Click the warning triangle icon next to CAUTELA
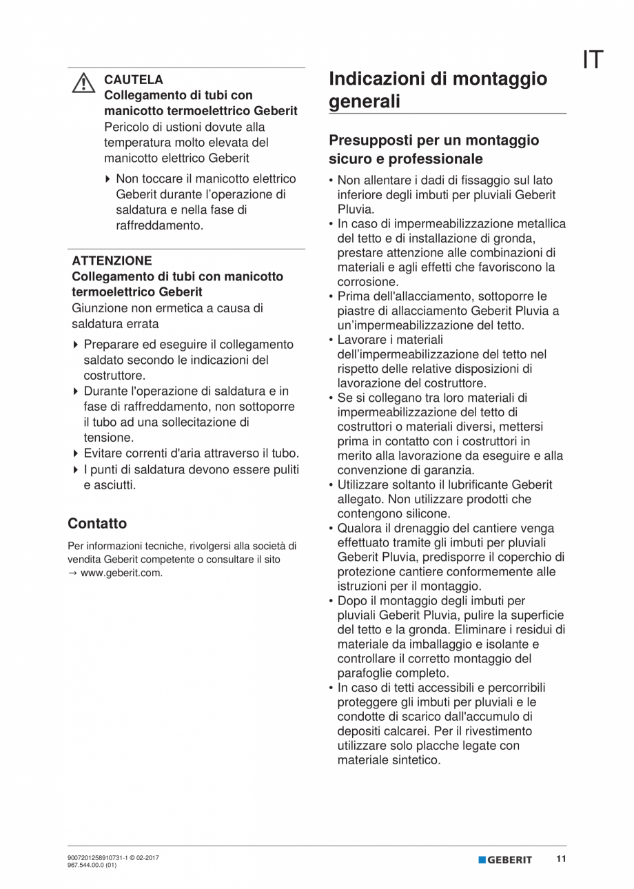[x=83, y=83]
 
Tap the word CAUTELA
[x=134, y=80]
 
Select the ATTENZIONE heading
[x=112, y=261]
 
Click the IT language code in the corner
[x=593, y=61]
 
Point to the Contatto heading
[x=97, y=523]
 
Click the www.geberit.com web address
[x=121, y=573]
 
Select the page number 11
[x=561, y=859]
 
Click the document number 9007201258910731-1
[x=97, y=858]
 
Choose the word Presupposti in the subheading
[x=371, y=141]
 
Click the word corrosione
[x=367, y=282]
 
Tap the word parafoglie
[x=365, y=673]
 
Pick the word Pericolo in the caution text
[x=127, y=127]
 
